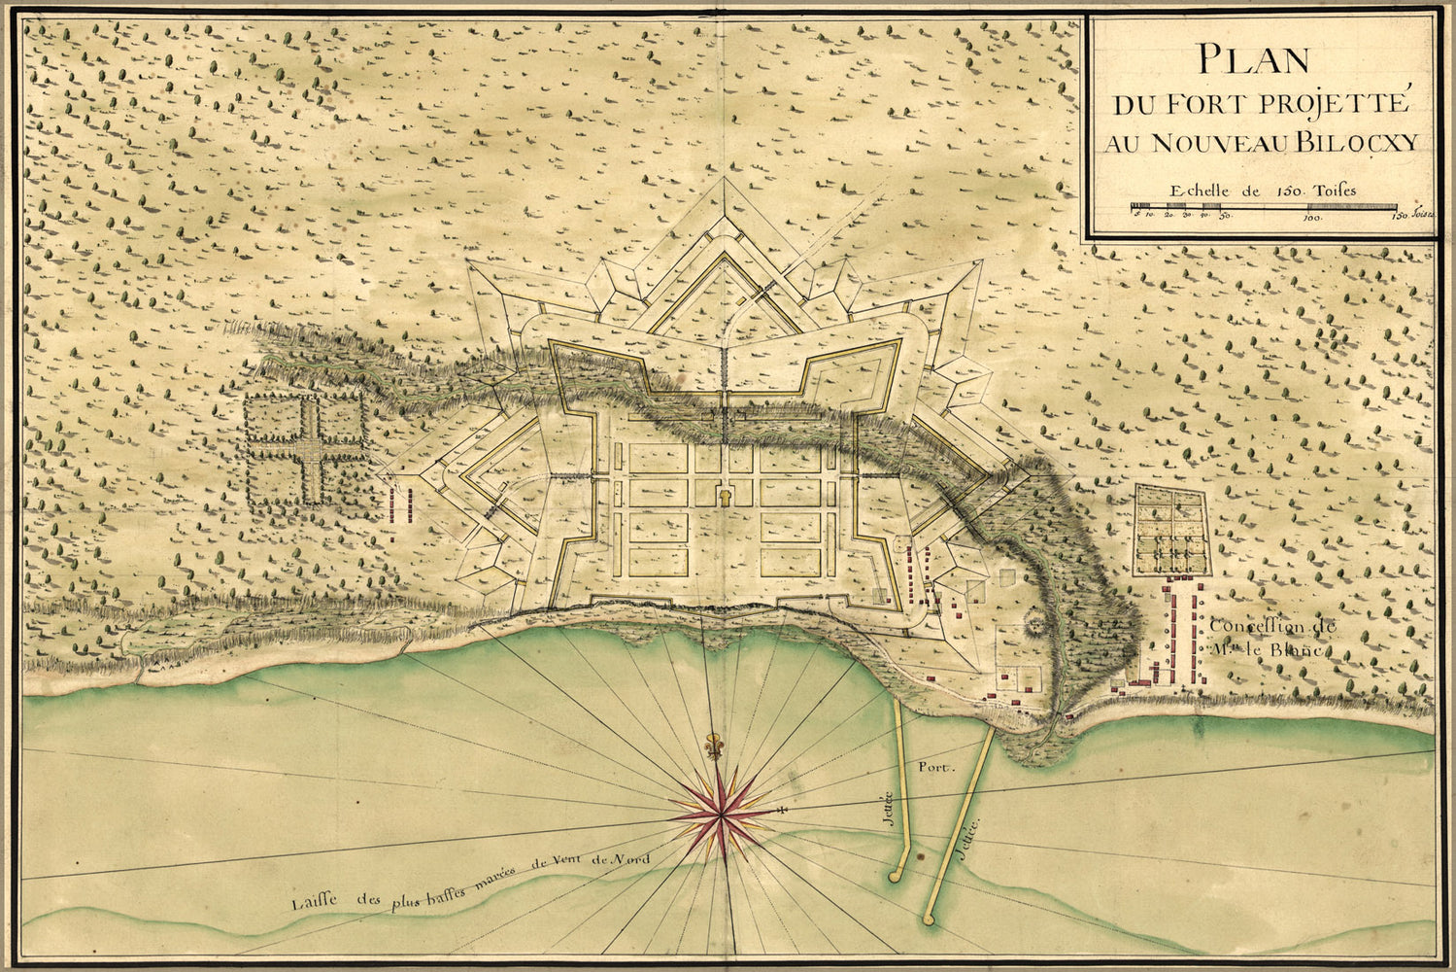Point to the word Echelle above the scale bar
click(x=1197, y=191)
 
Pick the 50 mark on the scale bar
click(x=1226, y=219)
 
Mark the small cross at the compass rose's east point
click(x=781, y=809)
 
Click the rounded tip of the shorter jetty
click(x=896, y=875)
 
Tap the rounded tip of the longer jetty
click(x=931, y=917)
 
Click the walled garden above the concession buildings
click(x=1173, y=530)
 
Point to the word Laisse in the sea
click(x=315, y=902)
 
